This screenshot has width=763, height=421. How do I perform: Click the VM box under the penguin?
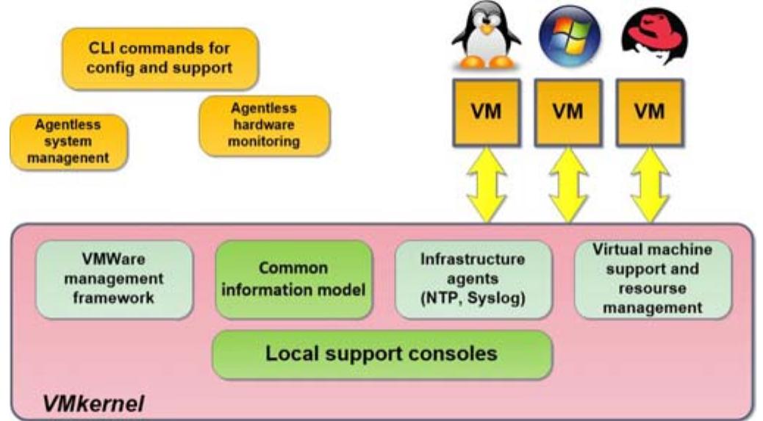[486, 112]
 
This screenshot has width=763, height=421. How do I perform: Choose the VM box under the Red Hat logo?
[649, 112]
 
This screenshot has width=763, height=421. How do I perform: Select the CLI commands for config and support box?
[160, 59]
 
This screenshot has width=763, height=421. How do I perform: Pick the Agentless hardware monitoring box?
[264, 126]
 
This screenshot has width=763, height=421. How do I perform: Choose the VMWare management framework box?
[113, 279]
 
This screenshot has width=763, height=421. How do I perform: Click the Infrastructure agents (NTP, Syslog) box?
[473, 279]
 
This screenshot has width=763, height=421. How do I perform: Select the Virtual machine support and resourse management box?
[653, 279]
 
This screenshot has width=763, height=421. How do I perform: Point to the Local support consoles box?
[381, 354]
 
